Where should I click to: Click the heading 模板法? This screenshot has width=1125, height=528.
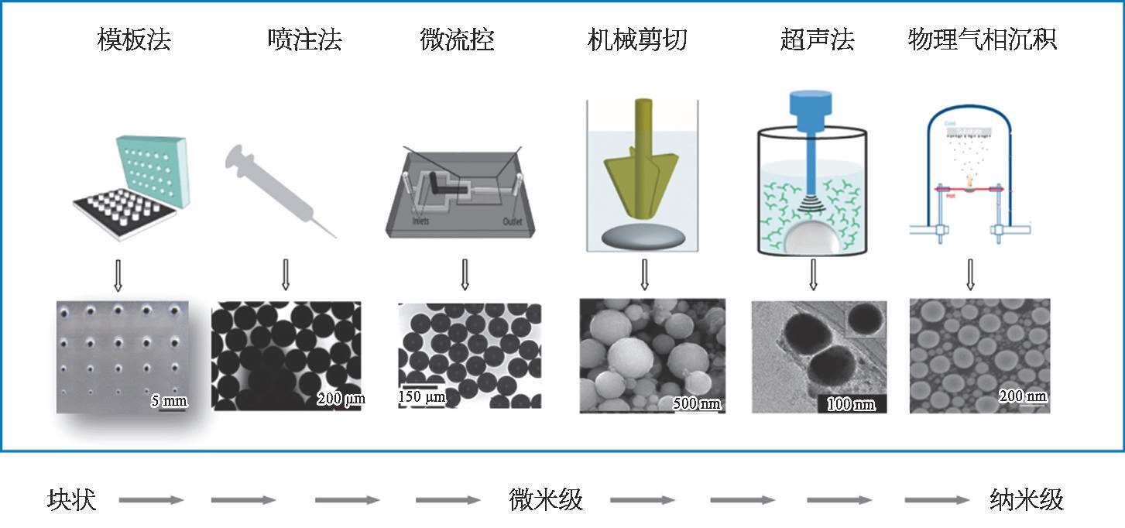(134, 39)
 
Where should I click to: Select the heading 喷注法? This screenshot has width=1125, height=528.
(304, 39)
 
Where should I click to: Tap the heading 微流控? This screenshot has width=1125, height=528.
(457, 39)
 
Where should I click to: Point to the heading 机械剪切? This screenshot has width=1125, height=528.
(637, 39)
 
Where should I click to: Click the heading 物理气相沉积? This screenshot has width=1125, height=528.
(982, 39)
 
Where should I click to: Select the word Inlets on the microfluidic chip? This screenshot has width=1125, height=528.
(421, 221)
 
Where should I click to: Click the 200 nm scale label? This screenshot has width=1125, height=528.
(1023, 396)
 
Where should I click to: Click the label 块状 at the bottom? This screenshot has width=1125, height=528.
(71, 500)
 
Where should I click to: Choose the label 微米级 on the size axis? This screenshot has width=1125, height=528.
(546, 500)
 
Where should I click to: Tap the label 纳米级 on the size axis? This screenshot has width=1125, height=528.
(1027, 500)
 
